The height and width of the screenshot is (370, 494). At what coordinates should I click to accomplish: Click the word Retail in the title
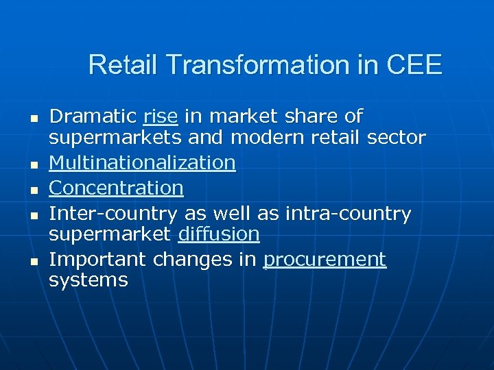(123, 65)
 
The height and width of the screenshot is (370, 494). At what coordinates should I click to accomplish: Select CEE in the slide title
(414, 65)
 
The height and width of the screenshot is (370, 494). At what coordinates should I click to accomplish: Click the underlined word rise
(161, 116)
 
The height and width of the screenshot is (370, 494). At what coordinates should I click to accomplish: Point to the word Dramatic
(93, 116)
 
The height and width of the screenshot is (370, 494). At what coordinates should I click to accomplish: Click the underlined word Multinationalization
(143, 163)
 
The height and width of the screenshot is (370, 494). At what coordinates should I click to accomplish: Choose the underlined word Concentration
(117, 188)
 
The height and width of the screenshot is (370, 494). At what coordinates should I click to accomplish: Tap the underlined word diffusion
(218, 234)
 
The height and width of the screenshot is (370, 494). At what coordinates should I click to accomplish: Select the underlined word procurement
(325, 260)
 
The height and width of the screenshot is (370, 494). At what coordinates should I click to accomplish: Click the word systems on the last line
(89, 280)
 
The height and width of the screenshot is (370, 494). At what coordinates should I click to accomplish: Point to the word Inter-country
(114, 214)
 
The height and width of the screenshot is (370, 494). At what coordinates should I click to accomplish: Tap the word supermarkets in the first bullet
(115, 138)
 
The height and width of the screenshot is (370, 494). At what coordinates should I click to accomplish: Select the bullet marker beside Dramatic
(32, 118)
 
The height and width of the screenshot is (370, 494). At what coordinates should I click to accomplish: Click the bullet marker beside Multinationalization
(32, 164)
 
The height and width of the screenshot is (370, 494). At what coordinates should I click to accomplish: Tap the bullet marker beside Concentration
(32, 189)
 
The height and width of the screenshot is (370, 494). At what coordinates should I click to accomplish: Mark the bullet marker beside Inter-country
(32, 215)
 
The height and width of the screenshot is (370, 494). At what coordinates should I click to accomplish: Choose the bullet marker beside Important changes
(32, 261)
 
